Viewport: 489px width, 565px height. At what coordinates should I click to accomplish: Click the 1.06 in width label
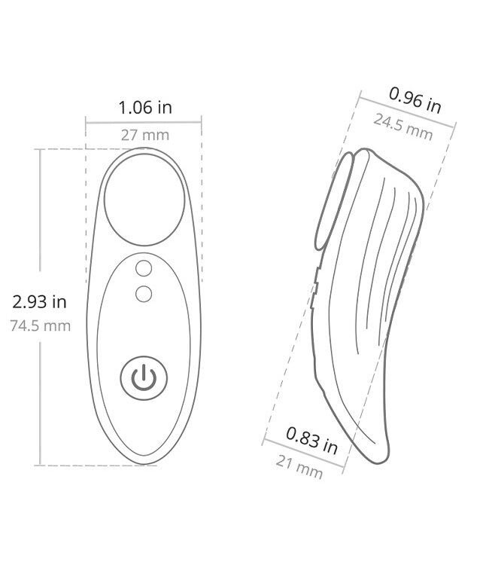coord(144,107)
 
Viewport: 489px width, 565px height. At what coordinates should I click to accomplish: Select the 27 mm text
coord(144,136)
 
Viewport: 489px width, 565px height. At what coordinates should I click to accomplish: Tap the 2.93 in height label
coord(39,302)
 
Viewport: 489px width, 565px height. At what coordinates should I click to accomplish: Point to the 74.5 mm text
coord(40,326)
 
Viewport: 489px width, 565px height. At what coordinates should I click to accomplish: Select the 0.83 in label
coord(311,439)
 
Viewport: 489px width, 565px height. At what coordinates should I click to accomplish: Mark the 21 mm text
coord(299,468)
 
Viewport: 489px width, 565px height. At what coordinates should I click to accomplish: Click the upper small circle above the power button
coord(144,268)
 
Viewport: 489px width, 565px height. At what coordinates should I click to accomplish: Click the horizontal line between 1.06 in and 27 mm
coord(144,121)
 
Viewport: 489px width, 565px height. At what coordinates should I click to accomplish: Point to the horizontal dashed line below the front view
coord(98,466)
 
